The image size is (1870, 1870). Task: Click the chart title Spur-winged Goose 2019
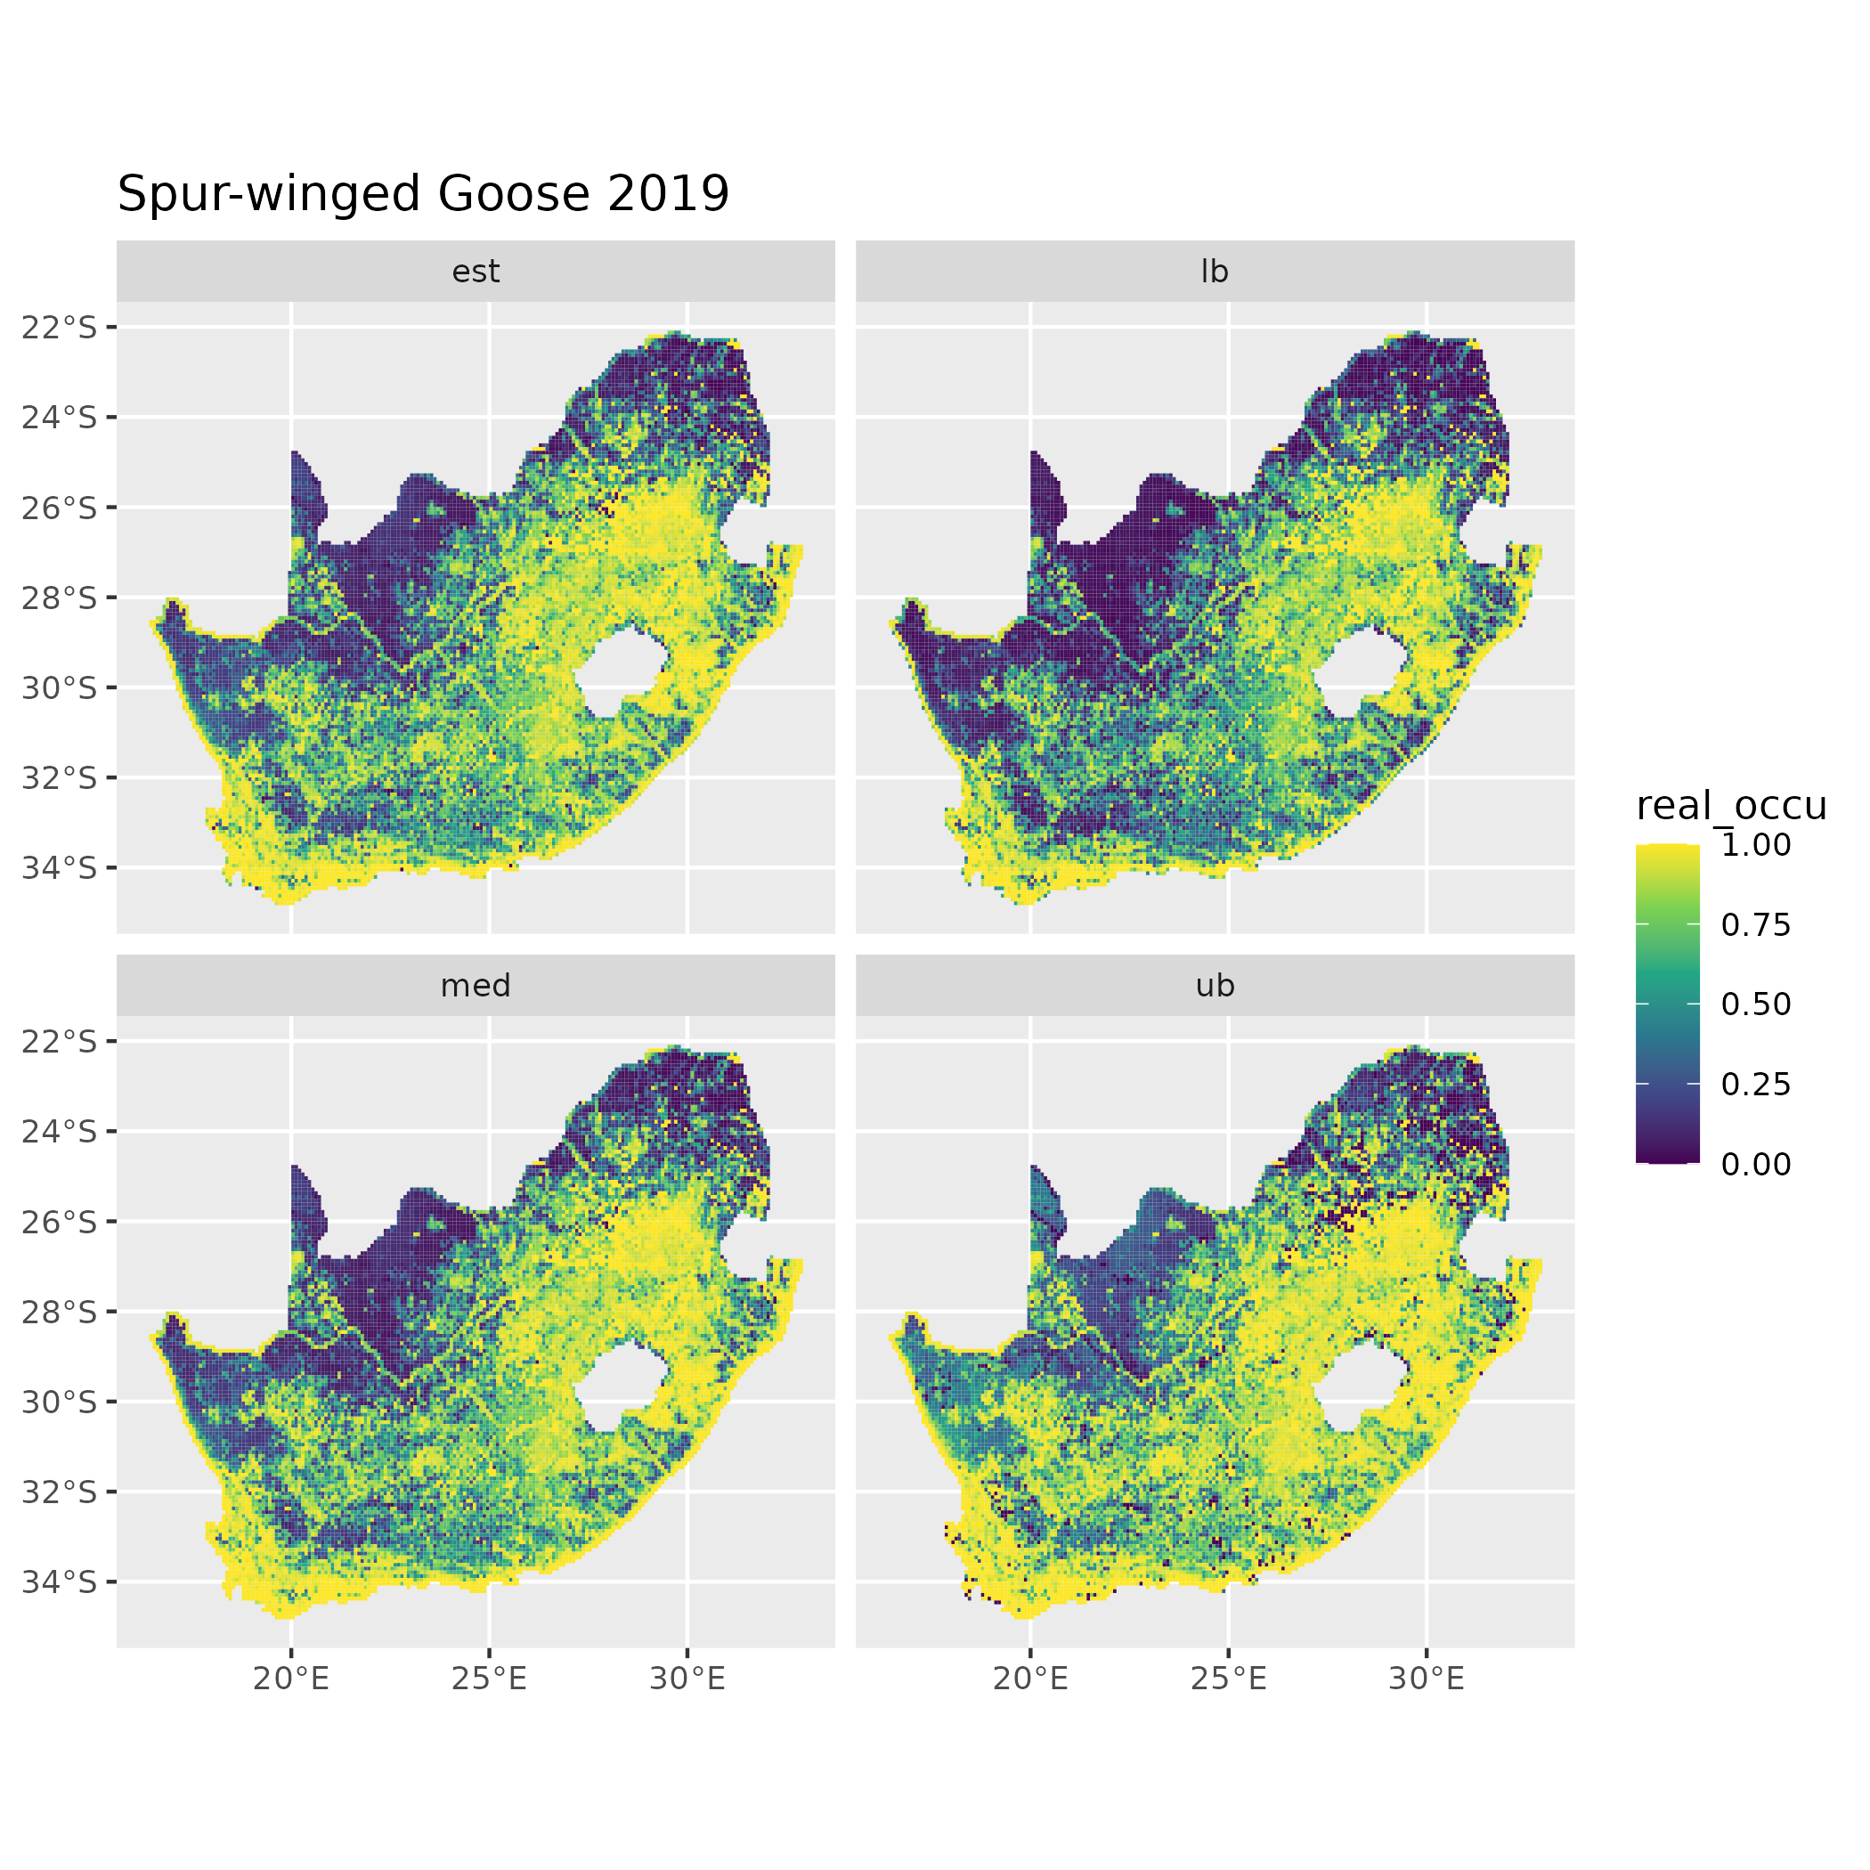point(423,193)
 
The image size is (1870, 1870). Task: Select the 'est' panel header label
point(476,272)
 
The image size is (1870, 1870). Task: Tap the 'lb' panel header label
point(1214,272)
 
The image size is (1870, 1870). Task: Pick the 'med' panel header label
point(476,986)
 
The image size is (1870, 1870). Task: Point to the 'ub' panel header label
point(1214,986)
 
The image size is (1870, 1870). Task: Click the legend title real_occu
point(1730,805)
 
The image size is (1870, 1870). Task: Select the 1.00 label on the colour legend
point(1756,845)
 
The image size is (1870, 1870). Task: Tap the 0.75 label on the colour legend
point(1756,925)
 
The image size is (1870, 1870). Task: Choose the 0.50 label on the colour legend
point(1756,1004)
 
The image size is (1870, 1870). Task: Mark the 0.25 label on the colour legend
point(1756,1084)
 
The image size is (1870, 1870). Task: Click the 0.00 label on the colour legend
point(1756,1165)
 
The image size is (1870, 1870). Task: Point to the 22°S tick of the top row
point(60,328)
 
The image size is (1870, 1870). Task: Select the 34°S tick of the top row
point(60,868)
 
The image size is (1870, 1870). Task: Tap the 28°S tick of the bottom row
point(60,1312)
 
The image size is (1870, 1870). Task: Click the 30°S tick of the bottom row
point(60,1402)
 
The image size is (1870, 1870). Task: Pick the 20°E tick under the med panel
point(291,1679)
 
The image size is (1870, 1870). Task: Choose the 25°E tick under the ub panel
point(1228,1679)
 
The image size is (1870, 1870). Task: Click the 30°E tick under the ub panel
point(1427,1679)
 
